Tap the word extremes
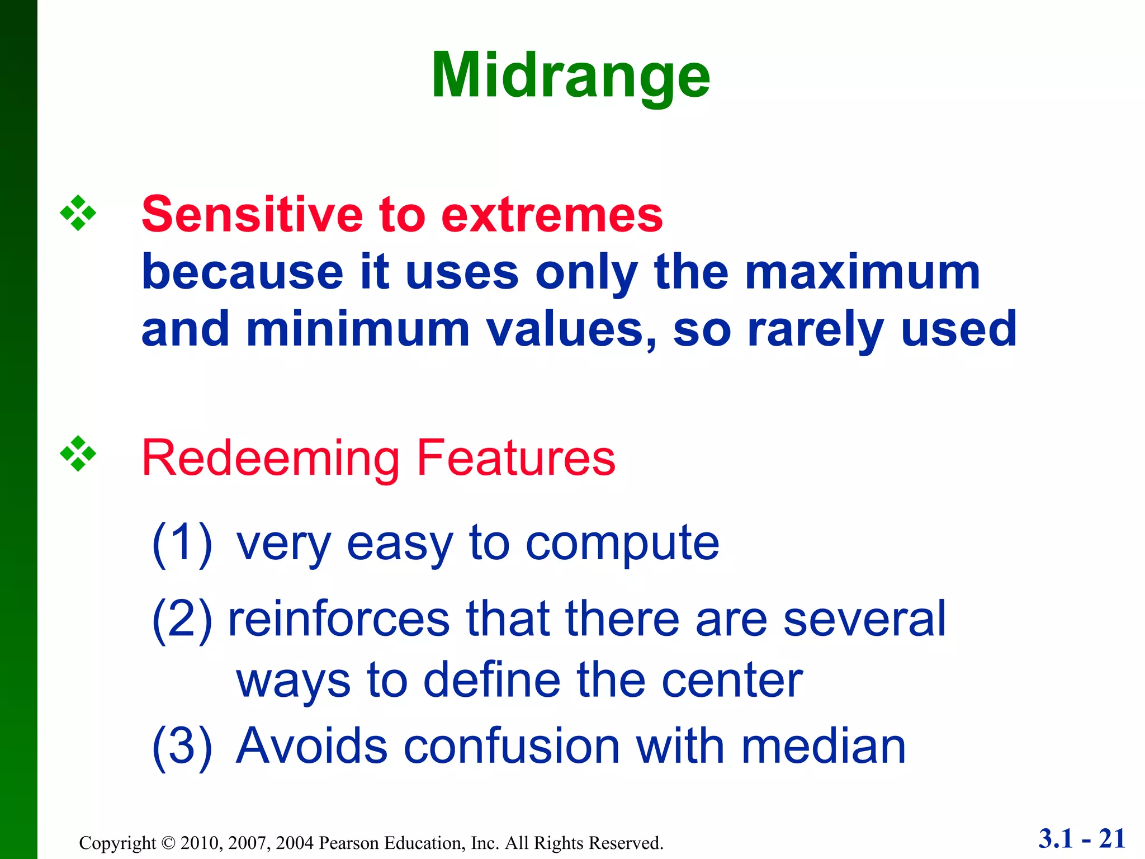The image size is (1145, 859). (x=551, y=215)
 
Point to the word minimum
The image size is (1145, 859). (x=358, y=329)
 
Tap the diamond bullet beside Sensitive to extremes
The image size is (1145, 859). (x=78, y=213)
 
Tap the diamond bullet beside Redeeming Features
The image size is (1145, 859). (x=78, y=454)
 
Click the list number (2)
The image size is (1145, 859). (x=182, y=620)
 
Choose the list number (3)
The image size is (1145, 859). (x=182, y=747)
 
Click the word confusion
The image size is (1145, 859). (x=511, y=747)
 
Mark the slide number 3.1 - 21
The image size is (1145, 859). (x=1081, y=839)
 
